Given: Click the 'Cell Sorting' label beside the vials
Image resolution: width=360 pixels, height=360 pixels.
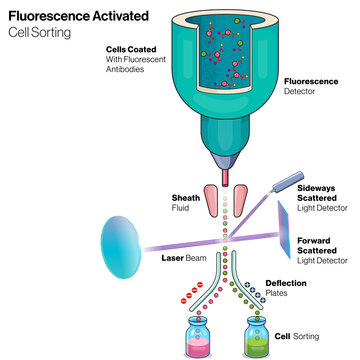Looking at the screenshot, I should click(x=295, y=338).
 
